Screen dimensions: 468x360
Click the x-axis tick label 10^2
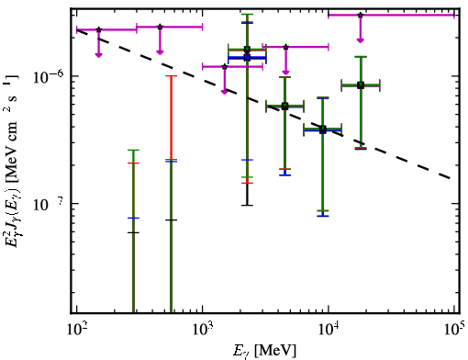pyautogui.click(x=77, y=330)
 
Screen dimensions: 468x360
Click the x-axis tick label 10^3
pyautogui.click(x=203, y=330)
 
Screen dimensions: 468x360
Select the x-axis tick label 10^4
pyautogui.click(x=329, y=330)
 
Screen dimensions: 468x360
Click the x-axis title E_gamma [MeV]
pyautogui.click(x=264, y=351)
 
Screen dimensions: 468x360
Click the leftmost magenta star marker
pyautogui.click(x=98, y=29)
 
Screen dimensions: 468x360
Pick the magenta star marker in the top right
pyautogui.click(x=361, y=15)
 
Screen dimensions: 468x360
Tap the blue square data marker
pyautogui.click(x=247, y=57)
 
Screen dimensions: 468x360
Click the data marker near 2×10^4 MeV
pyautogui.click(x=361, y=85)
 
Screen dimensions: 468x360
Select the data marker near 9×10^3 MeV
pyautogui.click(x=322, y=129)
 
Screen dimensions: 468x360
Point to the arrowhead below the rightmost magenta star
pyautogui.click(x=361, y=40)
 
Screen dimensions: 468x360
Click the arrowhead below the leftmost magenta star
pyautogui.click(x=98, y=55)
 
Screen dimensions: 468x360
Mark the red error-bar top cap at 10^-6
pyautogui.click(x=171, y=76)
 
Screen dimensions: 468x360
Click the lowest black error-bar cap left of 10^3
pyautogui.click(x=133, y=232)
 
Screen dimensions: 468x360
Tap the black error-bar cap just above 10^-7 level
pyautogui.click(x=247, y=205)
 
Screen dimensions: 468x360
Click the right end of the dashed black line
pyautogui.click(x=451, y=178)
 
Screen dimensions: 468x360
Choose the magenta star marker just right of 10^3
pyautogui.click(x=225, y=67)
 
